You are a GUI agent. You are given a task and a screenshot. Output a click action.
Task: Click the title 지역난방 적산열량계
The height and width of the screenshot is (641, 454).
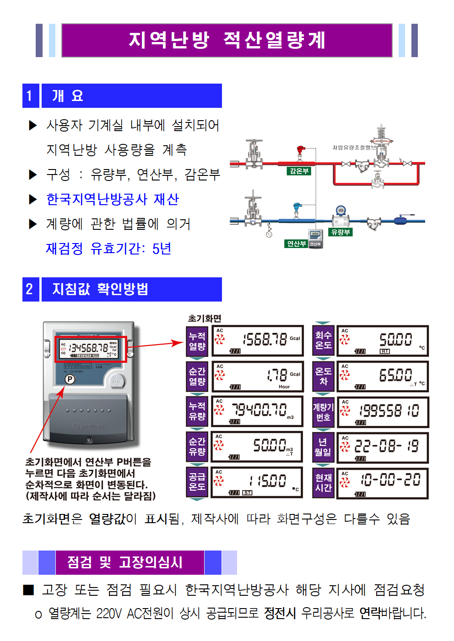[227, 40]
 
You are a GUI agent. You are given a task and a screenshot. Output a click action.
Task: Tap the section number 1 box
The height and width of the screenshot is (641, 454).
[30, 95]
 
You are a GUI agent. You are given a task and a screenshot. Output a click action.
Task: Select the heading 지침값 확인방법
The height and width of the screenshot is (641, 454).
[100, 289]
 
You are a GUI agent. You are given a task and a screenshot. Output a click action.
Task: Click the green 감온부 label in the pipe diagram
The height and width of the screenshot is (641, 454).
[299, 171]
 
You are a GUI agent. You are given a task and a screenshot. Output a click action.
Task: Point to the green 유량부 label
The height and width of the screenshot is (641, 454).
[340, 232]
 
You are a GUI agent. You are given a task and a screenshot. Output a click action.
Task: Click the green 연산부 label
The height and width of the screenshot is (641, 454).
[296, 244]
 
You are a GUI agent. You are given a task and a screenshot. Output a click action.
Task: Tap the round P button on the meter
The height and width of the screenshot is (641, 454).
[70, 379]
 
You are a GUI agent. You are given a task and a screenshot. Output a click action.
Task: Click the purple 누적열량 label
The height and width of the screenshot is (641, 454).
[197, 341]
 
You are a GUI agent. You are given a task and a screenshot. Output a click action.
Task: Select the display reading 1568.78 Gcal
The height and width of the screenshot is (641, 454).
[258, 340]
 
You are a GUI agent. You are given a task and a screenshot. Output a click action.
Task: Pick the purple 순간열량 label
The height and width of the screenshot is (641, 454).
[197, 376]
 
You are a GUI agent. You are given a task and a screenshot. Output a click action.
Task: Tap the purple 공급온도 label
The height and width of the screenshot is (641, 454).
[197, 481]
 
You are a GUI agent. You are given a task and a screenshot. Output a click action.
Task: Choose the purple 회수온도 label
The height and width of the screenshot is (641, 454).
[324, 340]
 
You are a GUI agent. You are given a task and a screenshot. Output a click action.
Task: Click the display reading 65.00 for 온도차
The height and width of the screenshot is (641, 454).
[383, 376]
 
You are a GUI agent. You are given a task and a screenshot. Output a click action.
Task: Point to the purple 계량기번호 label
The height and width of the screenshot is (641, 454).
[324, 412]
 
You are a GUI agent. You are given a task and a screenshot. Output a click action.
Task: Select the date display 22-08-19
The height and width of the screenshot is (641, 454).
[383, 446]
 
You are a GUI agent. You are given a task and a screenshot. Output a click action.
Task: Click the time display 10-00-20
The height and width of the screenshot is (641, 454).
[383, 482]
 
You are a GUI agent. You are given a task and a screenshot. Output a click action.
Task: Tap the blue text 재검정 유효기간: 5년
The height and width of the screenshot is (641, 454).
[108, 249]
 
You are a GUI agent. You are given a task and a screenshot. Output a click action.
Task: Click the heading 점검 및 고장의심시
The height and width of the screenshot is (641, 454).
[125, 562]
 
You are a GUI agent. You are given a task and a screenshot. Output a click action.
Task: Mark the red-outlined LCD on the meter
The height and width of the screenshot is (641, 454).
[91, 349]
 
